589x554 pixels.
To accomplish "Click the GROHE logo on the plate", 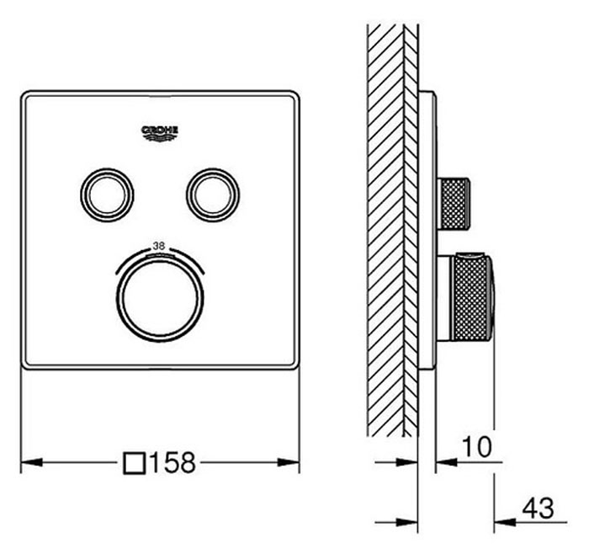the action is pos(159,133).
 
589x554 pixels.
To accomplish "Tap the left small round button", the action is pos(107,195).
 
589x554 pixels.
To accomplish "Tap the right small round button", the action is pos(213,195).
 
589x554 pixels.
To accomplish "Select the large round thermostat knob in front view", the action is pos(160,299).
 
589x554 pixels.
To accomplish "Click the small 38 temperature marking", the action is pos(159,246).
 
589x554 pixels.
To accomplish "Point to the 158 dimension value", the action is pos(172,462).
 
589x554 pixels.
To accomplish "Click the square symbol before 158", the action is pos(135,463).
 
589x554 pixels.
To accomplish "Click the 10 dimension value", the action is pos(476,447).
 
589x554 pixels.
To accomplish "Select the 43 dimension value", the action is pos(539,509).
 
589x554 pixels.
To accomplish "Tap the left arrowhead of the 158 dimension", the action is pos(32,462).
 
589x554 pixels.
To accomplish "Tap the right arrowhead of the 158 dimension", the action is pos(289,462).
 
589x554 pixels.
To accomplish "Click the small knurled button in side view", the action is pos(454,204).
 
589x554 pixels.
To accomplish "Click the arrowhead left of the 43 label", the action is pos(505,522).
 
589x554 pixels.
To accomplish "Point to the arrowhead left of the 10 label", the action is pos(446,462).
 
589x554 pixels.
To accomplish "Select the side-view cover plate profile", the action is pos(427,231).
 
